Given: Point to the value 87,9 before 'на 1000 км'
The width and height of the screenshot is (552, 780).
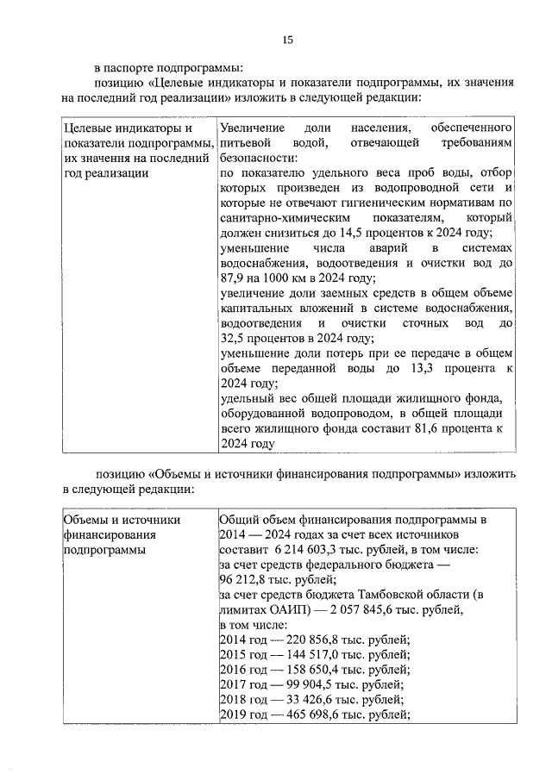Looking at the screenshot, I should (x=234, y=278).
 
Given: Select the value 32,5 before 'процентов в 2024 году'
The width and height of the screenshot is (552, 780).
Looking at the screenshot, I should (x=234, y=338).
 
